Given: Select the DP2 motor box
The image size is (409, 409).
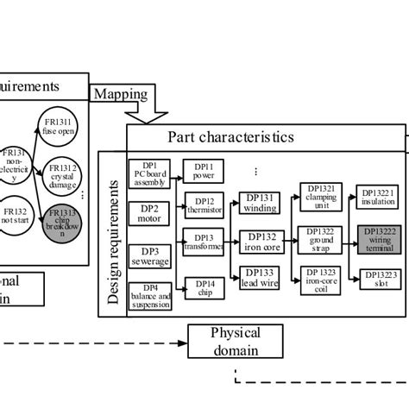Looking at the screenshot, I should pyautogui.click(x=150, y=212).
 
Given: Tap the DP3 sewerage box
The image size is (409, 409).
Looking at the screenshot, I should pyautogui.click(x=150, y=255).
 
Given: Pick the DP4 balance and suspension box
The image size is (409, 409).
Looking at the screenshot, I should pyautogui.click(x=150, y=296).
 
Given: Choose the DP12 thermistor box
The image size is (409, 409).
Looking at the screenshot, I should pyautogui.click(x=204, y=205).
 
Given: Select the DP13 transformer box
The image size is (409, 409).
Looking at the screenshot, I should pyautogui.click(x=204, y=242).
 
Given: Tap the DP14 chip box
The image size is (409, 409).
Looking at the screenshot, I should pyautogui.click(x=204, y=287).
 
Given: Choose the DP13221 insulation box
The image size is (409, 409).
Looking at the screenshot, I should pyautogui.click(x=378, y=198).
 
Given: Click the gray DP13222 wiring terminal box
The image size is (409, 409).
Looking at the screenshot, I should pyautogui.click(x=379, y=239).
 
